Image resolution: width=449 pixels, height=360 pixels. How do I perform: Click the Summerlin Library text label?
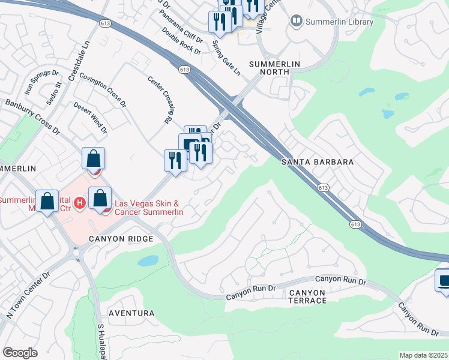tap(340, 22)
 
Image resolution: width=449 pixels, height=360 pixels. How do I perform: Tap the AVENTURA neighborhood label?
tap(131, 313)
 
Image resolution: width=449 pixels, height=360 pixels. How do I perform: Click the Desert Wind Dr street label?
tap(90, 117)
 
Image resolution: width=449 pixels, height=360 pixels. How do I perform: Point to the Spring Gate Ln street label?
tap(227, 58)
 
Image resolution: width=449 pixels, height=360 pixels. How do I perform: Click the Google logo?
tap(20, 353)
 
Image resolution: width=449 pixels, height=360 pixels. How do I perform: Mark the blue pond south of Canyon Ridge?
tap(148, 261)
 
